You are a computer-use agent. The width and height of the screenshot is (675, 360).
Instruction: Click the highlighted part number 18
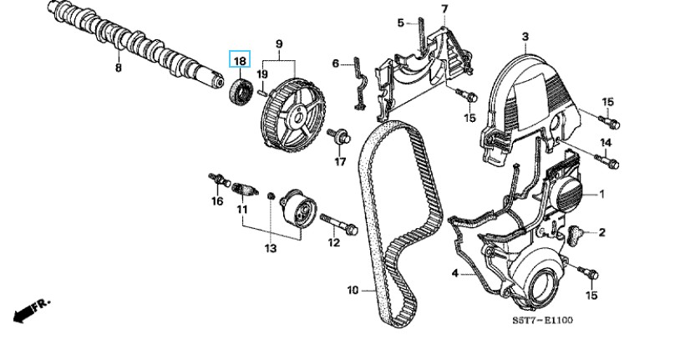point(240,60)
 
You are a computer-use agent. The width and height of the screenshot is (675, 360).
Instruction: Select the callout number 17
point(340,161)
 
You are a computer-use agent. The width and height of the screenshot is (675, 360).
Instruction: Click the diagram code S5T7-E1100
point(544,320)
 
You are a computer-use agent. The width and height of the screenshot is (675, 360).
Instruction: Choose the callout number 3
point(525,36)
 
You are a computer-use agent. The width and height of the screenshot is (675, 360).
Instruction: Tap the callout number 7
point(444,9)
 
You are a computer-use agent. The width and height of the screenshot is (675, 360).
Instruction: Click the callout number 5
point(400,23)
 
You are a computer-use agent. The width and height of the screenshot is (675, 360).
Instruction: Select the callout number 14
point(606,143)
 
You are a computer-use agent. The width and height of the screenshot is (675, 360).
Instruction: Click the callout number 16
point(216,201)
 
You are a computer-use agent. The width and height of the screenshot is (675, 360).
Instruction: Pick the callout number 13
point(270,249)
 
